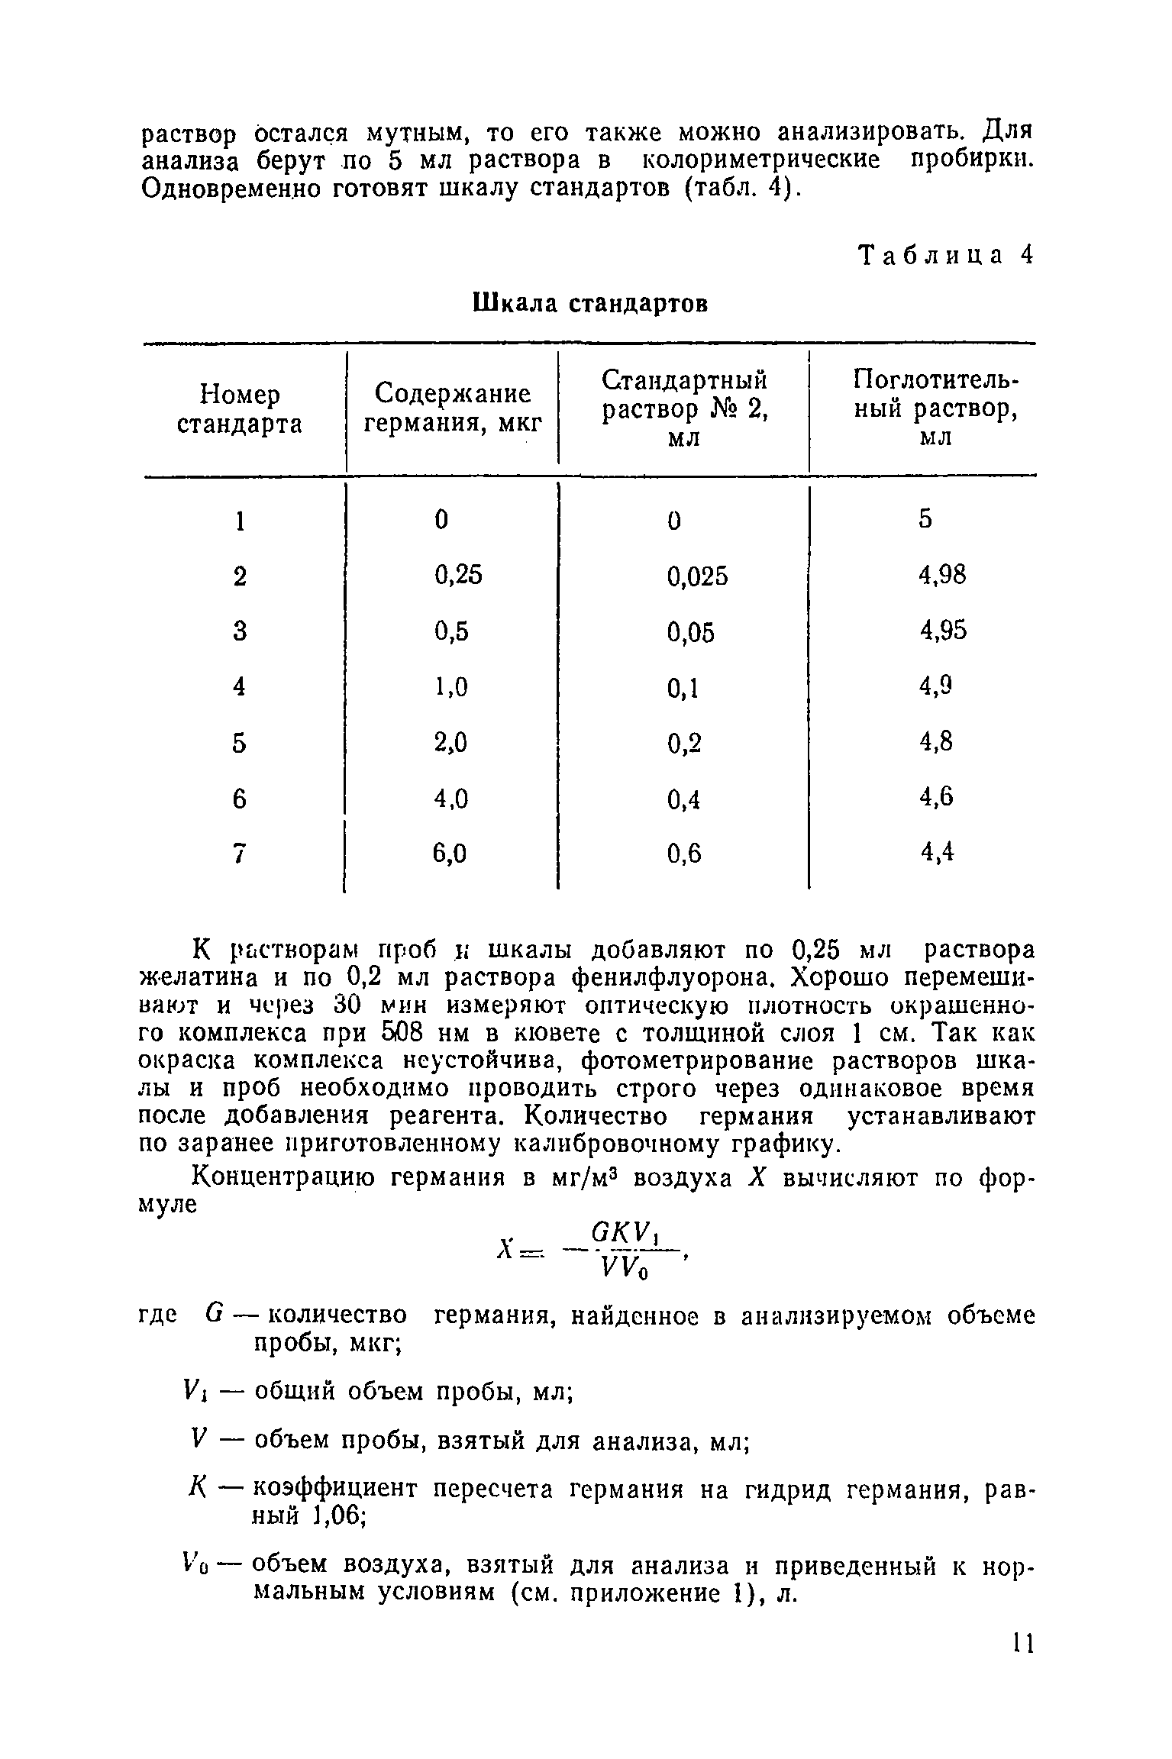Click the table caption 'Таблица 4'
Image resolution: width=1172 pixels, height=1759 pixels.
tap(945, 256)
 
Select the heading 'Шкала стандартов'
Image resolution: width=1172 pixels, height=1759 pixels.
tap(591, 303)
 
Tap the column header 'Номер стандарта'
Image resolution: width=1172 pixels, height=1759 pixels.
tap(240, 409)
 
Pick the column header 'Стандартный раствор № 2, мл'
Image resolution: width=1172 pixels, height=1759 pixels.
tap(684, 409)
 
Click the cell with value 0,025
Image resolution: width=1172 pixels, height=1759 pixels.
tap(697, 576)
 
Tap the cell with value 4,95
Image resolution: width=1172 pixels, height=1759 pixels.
tap(943, 631)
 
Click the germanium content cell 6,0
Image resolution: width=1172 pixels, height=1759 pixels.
tap(450, 854)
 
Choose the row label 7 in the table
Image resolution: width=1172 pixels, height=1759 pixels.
tap(240, 854)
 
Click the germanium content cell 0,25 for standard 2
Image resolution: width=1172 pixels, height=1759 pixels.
tap(458, 575)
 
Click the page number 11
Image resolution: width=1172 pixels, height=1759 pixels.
tap(1022, 1643)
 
